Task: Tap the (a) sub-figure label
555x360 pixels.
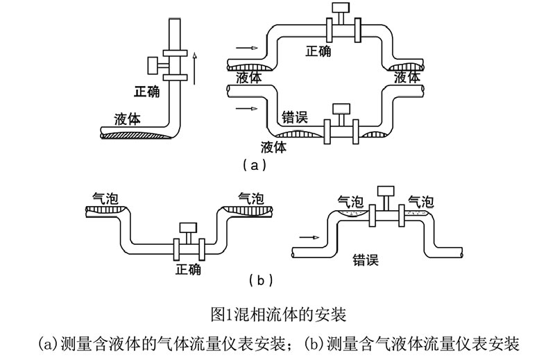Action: (252, 165)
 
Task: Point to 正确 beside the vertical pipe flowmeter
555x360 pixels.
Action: (148, 91)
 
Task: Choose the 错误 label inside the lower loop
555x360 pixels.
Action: (295, 116)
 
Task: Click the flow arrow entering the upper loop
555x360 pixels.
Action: (247, 48)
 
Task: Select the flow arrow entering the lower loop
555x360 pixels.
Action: (247, 110)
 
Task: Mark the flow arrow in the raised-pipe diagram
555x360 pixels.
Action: (308, 237)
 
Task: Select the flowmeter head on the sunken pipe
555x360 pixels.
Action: (187, 228)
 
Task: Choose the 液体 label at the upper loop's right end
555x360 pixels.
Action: (407, 78)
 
